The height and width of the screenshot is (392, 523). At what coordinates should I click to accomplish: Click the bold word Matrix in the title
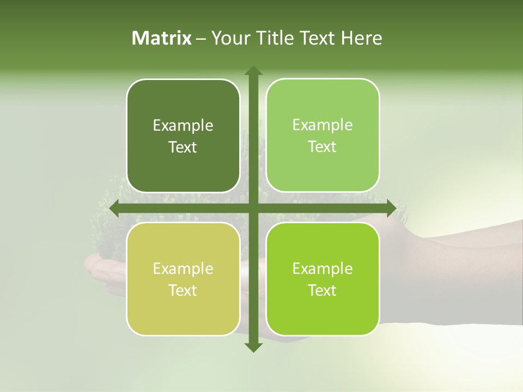(162, 38)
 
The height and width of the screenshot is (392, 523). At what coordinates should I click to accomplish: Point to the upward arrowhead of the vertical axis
(253, 71)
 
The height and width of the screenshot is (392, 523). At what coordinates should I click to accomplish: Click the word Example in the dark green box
(183, 126)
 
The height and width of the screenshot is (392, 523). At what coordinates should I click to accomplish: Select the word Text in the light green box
(322, 147)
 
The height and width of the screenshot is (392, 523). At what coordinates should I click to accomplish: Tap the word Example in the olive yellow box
(183, 269)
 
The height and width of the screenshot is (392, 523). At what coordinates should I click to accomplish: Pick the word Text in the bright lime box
(322, 291)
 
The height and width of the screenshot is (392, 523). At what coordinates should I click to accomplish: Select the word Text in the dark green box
(183, 148)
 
